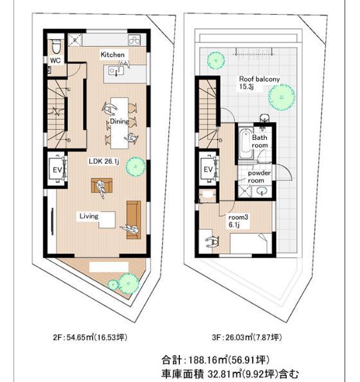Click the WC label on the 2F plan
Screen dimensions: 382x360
click(x=55, y=61)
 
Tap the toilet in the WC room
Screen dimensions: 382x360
click(x=55, y=46)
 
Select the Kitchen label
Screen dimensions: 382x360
click(x=112, y=56)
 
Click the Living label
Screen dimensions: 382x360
click(x=89, y=216)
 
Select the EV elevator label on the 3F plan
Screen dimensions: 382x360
click(x=208, y=169)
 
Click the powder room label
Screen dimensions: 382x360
click(x=259, y=177)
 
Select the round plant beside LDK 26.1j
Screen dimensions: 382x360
click(x=136, y=166)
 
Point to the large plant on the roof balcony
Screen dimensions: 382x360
click(x=282, y=98)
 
